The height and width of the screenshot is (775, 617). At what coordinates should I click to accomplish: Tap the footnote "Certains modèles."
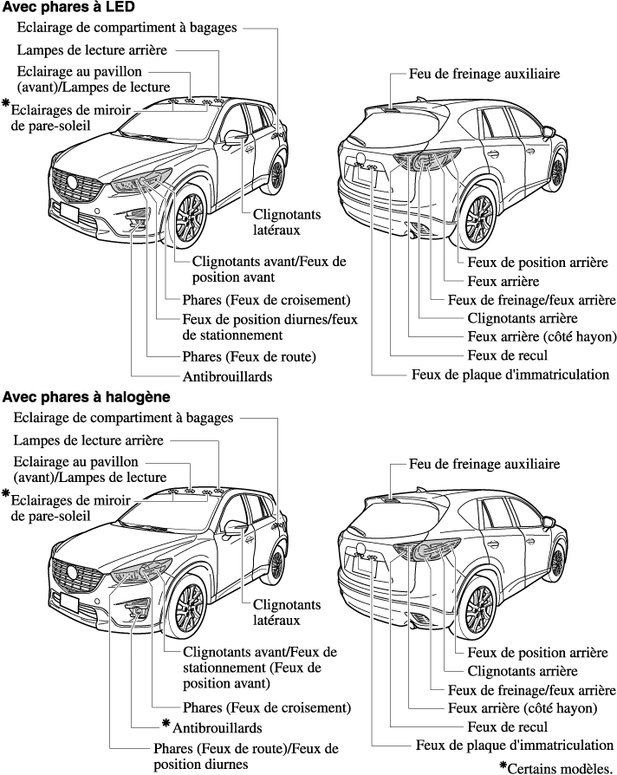pyautogui.click(x=559, y=767)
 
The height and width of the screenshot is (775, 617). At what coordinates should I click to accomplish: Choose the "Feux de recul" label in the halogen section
pyautogui.click(x=507, y=726)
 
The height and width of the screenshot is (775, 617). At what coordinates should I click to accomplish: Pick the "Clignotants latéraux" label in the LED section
pyautogui.click(x=276, y=223)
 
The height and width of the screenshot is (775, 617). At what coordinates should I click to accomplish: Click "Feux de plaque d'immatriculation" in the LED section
pyautogui.click(x=510, y=374)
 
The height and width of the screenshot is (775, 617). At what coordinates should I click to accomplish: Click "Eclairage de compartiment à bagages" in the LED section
pyautogui.click(x=127, y=28)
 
